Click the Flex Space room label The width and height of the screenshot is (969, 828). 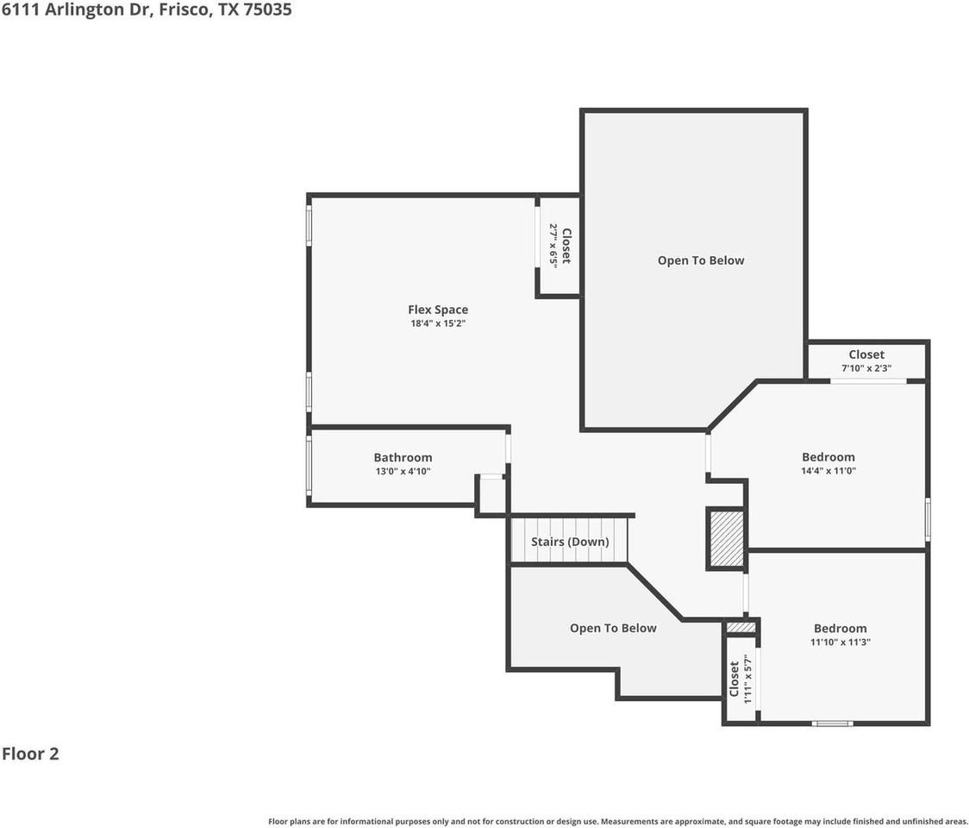point(438,310)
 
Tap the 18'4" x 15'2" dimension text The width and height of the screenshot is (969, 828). point(438,324)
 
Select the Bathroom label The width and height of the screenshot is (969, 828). point(403,457)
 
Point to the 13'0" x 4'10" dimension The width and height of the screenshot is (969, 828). point(403,472)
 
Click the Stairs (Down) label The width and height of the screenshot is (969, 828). point(570,542)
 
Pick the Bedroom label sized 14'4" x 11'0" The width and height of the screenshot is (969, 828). point(828,457)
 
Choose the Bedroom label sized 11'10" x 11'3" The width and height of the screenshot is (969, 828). point(840,628)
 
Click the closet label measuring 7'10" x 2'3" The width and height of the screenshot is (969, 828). point(866,354)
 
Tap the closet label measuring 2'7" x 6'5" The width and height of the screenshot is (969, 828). point(566,246)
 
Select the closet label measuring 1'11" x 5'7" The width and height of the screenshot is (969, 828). point(734,679)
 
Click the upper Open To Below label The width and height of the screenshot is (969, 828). point(700,260)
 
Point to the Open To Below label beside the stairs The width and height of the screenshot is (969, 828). point(613,628)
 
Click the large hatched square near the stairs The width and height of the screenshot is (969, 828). point(726,539)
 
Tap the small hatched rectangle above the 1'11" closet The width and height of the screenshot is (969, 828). point(741,627)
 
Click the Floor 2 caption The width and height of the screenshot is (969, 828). point(30,754)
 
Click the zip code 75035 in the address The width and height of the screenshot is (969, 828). point(267,10)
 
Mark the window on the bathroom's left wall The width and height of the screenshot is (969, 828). point(309,466)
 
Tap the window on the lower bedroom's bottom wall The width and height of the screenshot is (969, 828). point(833,723)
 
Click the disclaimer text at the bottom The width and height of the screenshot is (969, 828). point(617,821)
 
